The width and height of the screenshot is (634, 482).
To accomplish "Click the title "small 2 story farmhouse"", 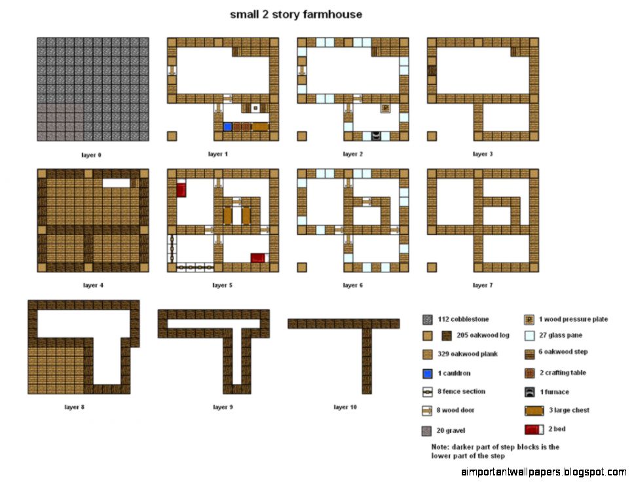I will point(295,14).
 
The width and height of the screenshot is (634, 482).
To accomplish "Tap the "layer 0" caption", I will point(91,155).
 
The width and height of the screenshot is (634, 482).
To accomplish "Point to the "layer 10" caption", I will point(345,407).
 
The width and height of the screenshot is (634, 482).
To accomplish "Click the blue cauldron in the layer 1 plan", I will point(227,126).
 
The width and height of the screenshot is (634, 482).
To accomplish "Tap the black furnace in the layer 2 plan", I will point(375,136).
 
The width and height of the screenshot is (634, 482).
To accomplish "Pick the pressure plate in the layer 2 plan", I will point(386,108).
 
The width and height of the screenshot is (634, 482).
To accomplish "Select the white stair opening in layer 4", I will point(116,183).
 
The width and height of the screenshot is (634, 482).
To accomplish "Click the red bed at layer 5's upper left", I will point(181,191).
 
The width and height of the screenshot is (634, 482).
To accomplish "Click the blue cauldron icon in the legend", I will point(426,373).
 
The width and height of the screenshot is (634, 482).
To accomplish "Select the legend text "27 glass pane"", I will point(561,335).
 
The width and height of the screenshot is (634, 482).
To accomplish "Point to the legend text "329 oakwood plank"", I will point(468,354).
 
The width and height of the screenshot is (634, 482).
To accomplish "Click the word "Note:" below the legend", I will point(440,447).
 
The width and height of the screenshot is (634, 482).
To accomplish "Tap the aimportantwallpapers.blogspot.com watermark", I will point(544,472).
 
